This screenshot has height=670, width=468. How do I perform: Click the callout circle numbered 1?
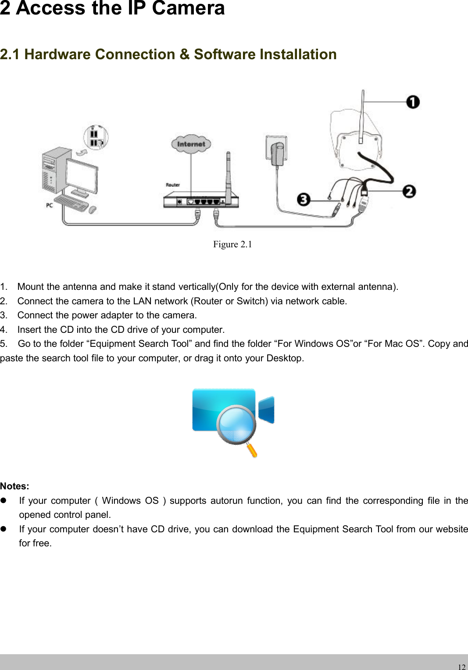point(413,102)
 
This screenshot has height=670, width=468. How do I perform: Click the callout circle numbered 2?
point(409,192)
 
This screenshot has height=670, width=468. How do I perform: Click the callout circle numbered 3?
point(303,200)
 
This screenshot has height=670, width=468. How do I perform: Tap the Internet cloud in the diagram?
point(191,144)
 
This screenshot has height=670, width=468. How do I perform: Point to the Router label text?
point(173,185)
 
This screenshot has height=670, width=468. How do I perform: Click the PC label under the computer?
point(49,205)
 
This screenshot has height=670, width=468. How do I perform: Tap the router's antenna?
point(228,175)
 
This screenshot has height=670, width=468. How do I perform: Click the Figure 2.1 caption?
point(232,245)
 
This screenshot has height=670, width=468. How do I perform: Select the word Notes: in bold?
point(15,486)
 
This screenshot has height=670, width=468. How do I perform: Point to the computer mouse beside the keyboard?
point(93,210)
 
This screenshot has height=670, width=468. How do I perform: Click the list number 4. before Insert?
point(4,330)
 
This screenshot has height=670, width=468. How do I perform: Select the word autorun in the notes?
point(226,501)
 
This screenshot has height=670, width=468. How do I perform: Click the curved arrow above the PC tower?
point(81,152)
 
